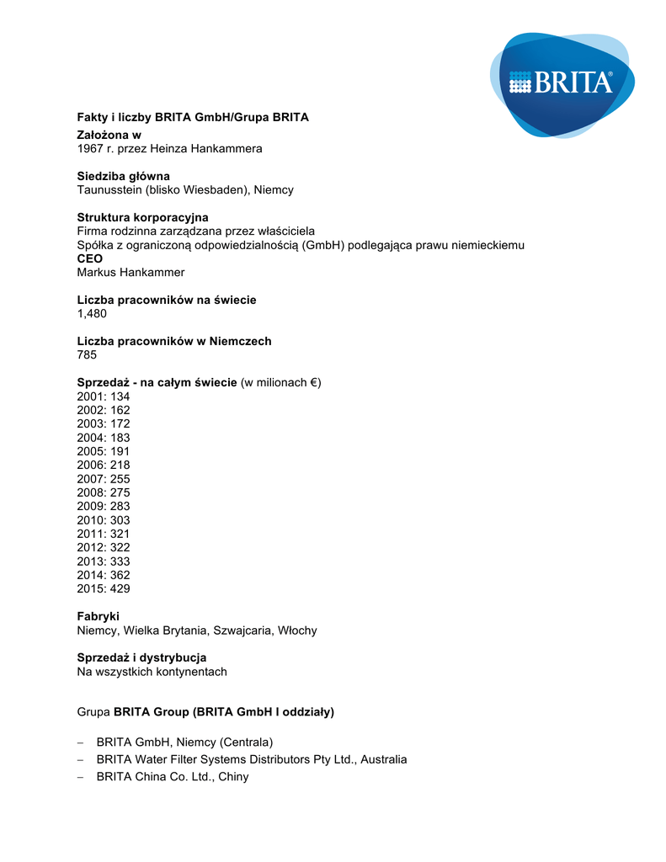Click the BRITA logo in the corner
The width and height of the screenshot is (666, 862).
pyautogui.click(x=562, y=83)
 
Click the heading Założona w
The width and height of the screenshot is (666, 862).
pyautogui.click(x=109, y=135)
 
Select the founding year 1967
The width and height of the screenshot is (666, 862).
pyautogui.click(x=90, y=149)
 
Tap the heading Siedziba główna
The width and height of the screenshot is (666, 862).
pyautogui.click(x=123, y=176)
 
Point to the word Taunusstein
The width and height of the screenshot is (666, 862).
pyautogui.click(x=109, y=190)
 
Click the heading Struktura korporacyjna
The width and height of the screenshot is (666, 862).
pyautogui.click(x=142, y=217)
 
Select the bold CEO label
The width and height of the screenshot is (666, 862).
pyautogui.click(x=89, y=258)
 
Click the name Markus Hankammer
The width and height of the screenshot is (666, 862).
pyautogui.click(x=131, y=273)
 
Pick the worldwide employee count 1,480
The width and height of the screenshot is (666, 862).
pyautogui.click(x=92, y=314)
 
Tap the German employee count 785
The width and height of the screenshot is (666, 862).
pyautogui.click(x=87, y=355)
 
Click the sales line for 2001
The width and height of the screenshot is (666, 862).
pyautogui.click(x=103, y=396)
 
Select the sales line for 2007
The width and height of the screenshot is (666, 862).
pyautogui.click(x=103, y=479)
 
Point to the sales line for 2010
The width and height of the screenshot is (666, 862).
pyautogui.click(x=103, y=520)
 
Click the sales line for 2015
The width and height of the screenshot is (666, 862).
pyautogui.click(x=103, y=588)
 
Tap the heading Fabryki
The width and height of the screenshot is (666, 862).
pyautogui.click(x=98, y=616)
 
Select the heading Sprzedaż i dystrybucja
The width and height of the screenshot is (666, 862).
pyautogui.click(x=141, y=657)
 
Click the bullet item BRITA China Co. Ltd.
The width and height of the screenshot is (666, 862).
pyautogui.click(x=173, y=777)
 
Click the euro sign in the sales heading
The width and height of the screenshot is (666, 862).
pyautogui.click(x=313, y=383)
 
